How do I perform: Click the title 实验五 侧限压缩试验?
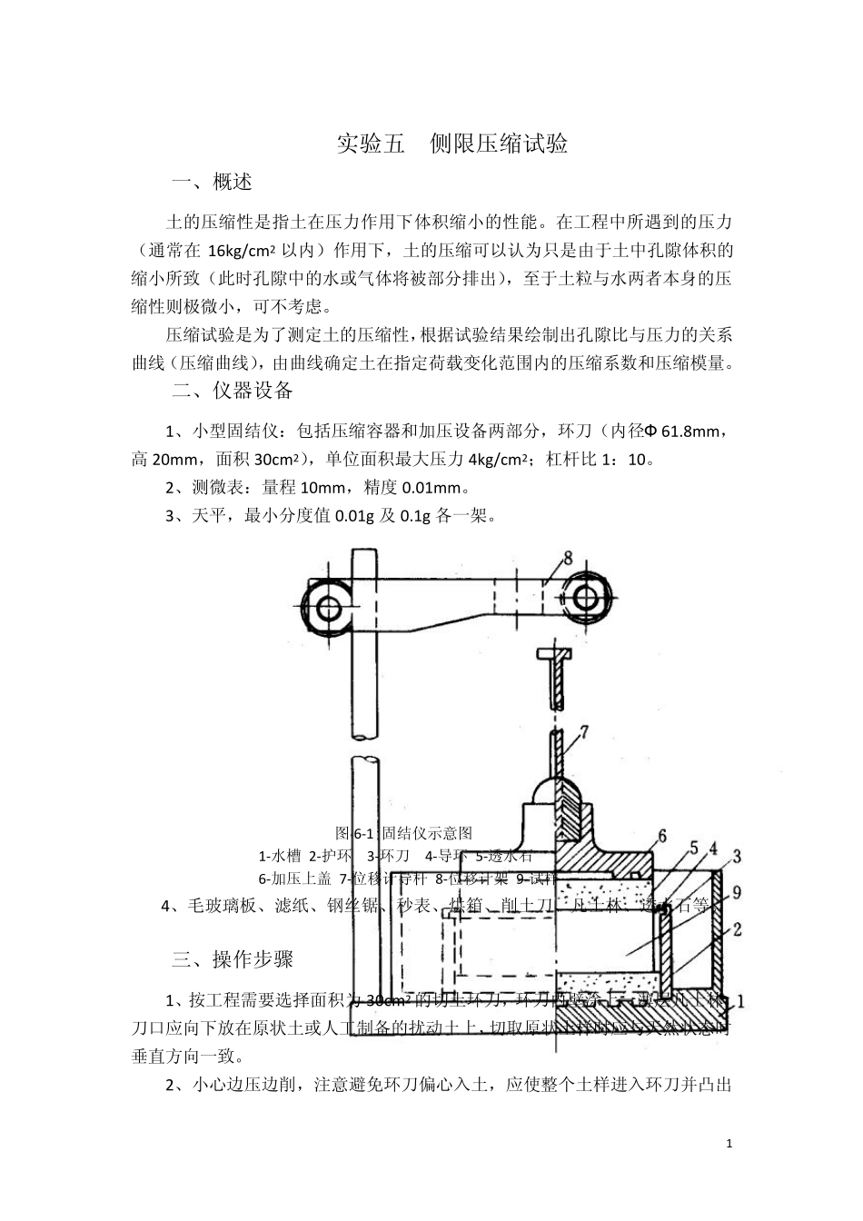451,144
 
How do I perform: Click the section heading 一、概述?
212,182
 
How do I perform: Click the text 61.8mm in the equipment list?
694,430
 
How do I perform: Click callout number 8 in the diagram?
568,558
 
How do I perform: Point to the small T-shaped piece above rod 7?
553,657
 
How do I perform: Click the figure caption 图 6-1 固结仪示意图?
403,832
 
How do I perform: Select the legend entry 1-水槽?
280,855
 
